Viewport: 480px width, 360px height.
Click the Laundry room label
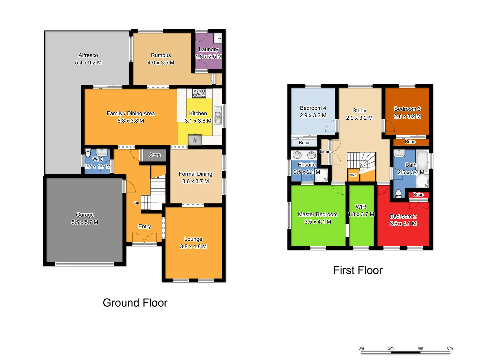[208, 49]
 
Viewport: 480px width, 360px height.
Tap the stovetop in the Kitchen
[199, 93]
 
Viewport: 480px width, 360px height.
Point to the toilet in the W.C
[88, 153]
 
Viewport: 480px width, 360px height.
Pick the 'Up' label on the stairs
[137, 203]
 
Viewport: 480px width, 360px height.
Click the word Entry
[145, 227]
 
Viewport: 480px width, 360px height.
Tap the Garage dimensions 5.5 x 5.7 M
[85, 222]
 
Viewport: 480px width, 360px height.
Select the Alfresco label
[88, 55]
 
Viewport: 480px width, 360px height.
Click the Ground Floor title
[135, 303]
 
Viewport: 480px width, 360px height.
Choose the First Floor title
[358, 270]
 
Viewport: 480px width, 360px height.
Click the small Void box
[353, 175]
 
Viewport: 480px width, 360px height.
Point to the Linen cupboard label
[325, 151]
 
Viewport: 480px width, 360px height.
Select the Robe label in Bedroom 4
[304, 143]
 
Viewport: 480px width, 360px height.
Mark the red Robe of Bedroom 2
[418, 195]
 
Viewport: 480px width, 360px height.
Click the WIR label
[361, 207]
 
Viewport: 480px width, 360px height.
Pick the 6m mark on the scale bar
[450, 348]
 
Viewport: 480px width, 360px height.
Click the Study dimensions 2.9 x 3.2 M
[359, 118]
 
